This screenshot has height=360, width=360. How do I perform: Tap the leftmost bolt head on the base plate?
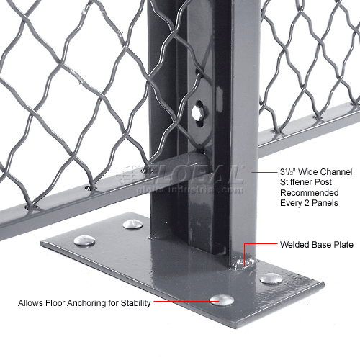(84, 240)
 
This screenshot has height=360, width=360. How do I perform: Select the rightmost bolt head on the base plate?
(271, 278)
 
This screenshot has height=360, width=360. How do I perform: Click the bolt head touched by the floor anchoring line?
(222, 300)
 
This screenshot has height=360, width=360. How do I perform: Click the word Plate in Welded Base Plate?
(342, 245)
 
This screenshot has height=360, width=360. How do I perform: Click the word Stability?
(135, 303)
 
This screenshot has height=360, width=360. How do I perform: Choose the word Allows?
(30, 303)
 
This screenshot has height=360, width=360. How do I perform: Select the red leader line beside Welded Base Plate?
(259, 245)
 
